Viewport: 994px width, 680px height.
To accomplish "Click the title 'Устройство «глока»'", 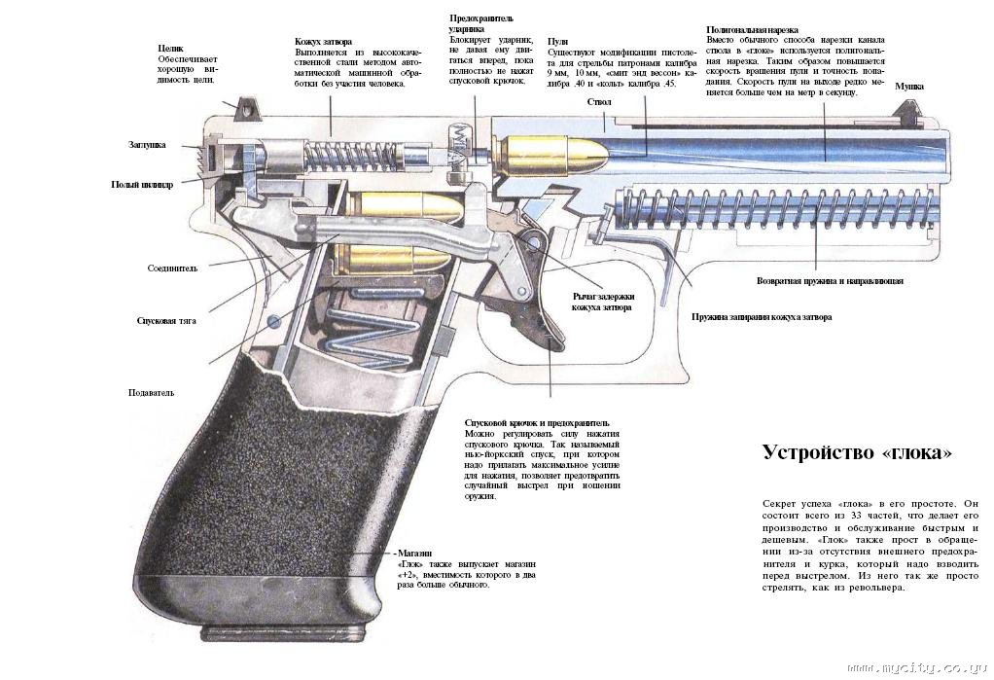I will [857, 453].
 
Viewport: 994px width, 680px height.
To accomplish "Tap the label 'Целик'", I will [170, 47].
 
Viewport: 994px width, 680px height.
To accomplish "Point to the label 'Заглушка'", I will [147, 145].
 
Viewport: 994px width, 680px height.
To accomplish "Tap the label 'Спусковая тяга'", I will [160, 320].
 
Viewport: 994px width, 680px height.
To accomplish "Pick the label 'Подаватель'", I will [151, 393].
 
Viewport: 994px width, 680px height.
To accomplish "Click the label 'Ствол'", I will [598, 101].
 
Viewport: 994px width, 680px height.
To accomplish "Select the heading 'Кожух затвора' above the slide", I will [324, 42].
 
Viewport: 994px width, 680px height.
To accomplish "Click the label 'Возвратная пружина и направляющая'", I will [830, 281].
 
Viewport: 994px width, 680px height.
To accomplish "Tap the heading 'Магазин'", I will [416, 553].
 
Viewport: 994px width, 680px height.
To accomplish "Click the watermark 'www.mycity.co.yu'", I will [918, 670].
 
